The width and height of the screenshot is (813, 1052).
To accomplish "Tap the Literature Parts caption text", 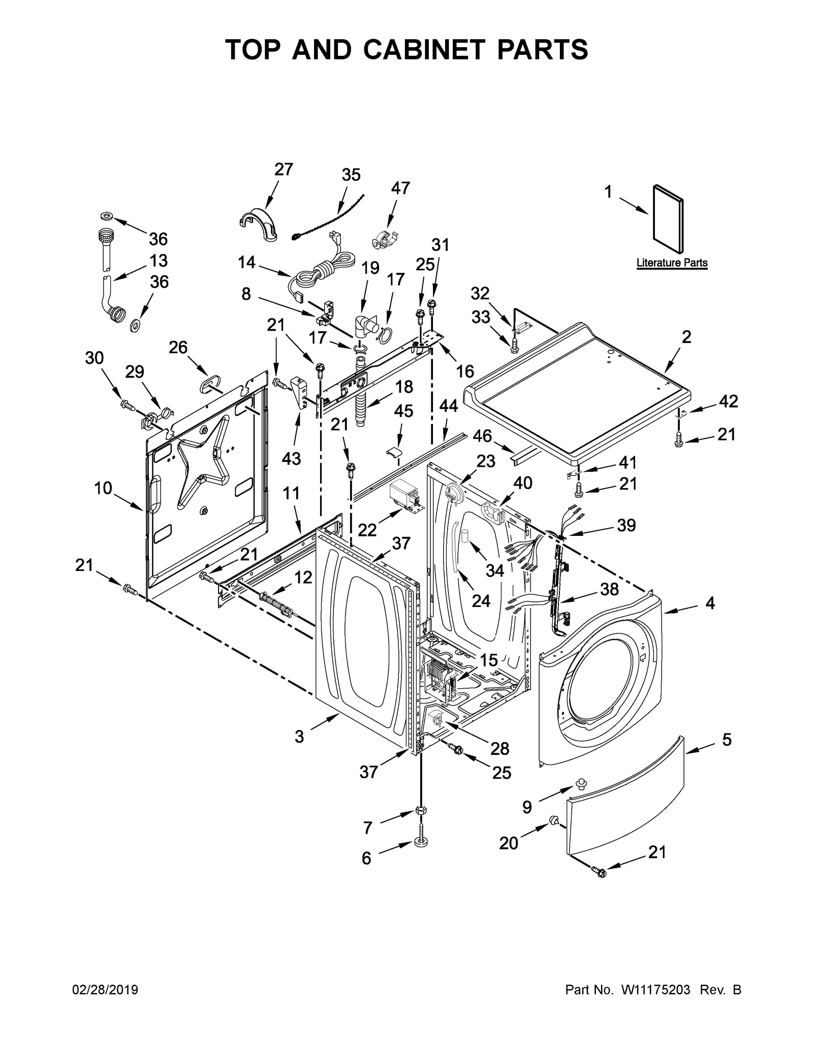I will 672,263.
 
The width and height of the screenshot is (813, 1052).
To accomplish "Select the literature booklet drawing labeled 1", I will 668,218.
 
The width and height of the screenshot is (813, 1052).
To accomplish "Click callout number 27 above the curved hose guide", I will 284,170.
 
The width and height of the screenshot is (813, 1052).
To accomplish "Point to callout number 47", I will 400,188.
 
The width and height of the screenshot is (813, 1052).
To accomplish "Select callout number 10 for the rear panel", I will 103,488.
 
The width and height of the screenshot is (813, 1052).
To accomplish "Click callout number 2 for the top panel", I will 686,337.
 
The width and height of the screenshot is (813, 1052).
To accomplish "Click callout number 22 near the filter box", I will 367,529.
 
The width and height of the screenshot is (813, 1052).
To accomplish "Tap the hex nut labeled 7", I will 421,810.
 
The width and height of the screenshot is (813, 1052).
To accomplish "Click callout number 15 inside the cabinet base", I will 489,660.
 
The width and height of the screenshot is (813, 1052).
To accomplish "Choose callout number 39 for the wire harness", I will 626,525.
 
